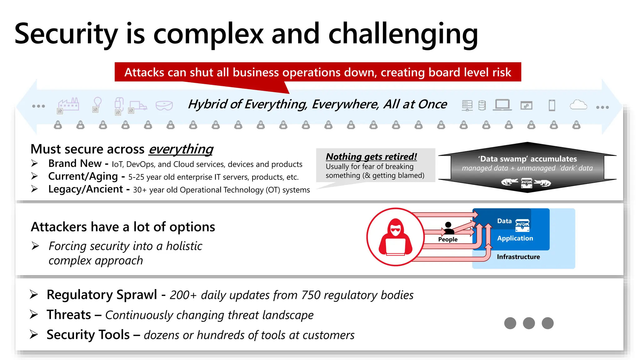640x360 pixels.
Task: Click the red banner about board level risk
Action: coord(317,72)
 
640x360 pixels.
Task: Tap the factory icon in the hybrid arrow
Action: coord(69,105)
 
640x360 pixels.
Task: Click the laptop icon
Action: coord(502,105)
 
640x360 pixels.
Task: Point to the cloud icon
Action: coord(578,105)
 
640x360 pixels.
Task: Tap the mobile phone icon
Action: coord(552,105)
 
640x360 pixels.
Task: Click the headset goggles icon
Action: coord(164,106)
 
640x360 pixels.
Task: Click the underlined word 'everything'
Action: coord(181,149)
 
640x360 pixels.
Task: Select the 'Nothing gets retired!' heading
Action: coord(371,156)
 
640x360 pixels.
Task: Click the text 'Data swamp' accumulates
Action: coord(527,159)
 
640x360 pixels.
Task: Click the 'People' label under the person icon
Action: coord(447,239)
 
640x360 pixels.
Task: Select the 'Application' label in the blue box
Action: coord(515,238)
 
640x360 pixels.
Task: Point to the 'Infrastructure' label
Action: coord(518,257)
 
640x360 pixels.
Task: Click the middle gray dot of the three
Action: coord(529,323)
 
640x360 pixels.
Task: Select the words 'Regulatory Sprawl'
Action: coord(102,295)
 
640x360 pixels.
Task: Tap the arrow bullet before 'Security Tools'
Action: coord(34,334)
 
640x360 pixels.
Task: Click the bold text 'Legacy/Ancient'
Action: coord(85,189)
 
